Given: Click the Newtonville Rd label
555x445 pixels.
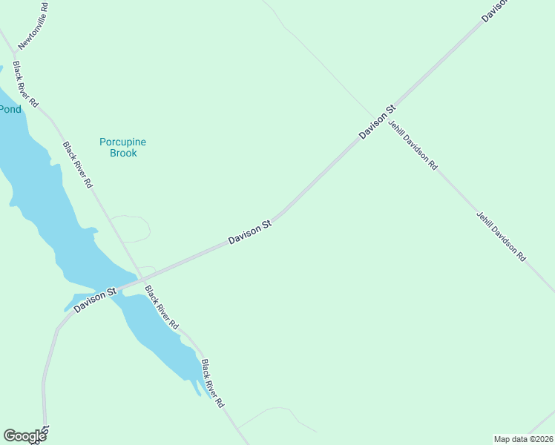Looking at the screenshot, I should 33,27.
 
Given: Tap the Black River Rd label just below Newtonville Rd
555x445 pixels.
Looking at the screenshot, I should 25,85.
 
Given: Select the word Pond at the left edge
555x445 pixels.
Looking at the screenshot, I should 10,109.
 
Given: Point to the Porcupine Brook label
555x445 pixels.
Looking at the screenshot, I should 123,147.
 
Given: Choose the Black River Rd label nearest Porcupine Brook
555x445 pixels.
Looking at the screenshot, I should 77,165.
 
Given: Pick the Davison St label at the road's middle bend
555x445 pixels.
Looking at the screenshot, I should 250,232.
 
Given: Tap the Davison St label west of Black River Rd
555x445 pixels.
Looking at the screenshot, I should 95,300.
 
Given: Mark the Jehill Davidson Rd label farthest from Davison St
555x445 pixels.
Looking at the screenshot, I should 502,237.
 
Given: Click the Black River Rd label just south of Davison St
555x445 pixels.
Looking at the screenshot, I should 162,307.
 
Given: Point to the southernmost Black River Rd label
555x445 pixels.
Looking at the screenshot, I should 213,383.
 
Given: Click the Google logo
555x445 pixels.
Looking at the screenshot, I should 24,435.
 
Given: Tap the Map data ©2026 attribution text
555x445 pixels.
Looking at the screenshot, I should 523,438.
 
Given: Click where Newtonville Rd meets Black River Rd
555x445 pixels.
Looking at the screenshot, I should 14,54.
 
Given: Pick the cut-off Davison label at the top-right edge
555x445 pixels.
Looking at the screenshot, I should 495,10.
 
